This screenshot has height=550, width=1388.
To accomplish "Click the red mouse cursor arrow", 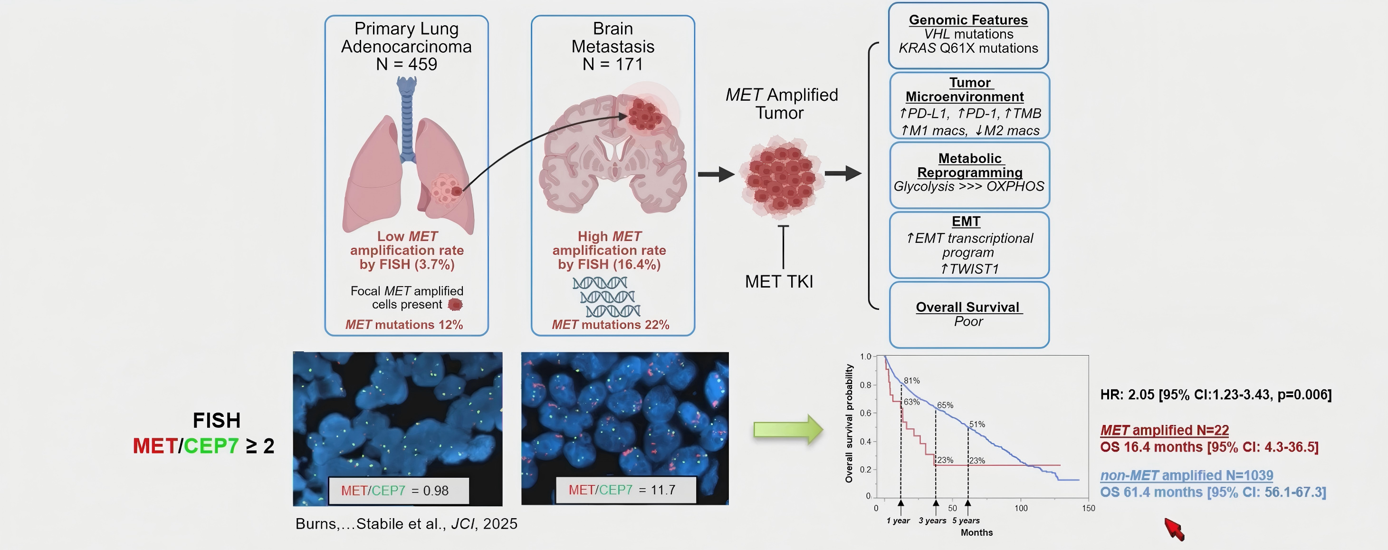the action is coord(1174,529).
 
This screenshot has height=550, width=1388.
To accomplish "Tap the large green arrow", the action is coord(788,429).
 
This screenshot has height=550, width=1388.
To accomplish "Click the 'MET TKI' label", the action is coord(779,281).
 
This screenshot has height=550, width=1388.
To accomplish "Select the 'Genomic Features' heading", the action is coord(968,20).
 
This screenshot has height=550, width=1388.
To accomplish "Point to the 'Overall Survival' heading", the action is coord(968,308).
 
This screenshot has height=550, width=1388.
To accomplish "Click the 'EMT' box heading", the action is coord(966,222).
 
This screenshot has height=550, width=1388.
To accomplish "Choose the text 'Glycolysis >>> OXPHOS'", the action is coord(969,186).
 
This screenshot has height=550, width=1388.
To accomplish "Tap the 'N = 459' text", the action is coord(406,64).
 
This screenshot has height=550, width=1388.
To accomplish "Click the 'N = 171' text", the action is coord(613,64).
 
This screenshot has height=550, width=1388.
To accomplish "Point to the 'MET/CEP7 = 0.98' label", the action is coord(395,491).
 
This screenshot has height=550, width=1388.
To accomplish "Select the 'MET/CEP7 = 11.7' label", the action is coord(622,490).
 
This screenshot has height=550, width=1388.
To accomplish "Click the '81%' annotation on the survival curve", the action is coord(912,381).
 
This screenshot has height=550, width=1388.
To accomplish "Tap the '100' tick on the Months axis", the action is coord(1021,508).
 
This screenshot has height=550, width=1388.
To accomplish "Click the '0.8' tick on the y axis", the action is coord(865,385).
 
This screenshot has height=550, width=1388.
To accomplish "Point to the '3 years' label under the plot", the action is coord(933,521).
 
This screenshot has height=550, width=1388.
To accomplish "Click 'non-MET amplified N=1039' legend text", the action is coord(1187,475).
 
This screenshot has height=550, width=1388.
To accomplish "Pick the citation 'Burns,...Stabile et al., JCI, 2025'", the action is coord(406,523).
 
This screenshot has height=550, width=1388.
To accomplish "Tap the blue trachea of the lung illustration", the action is coord(407,119).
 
